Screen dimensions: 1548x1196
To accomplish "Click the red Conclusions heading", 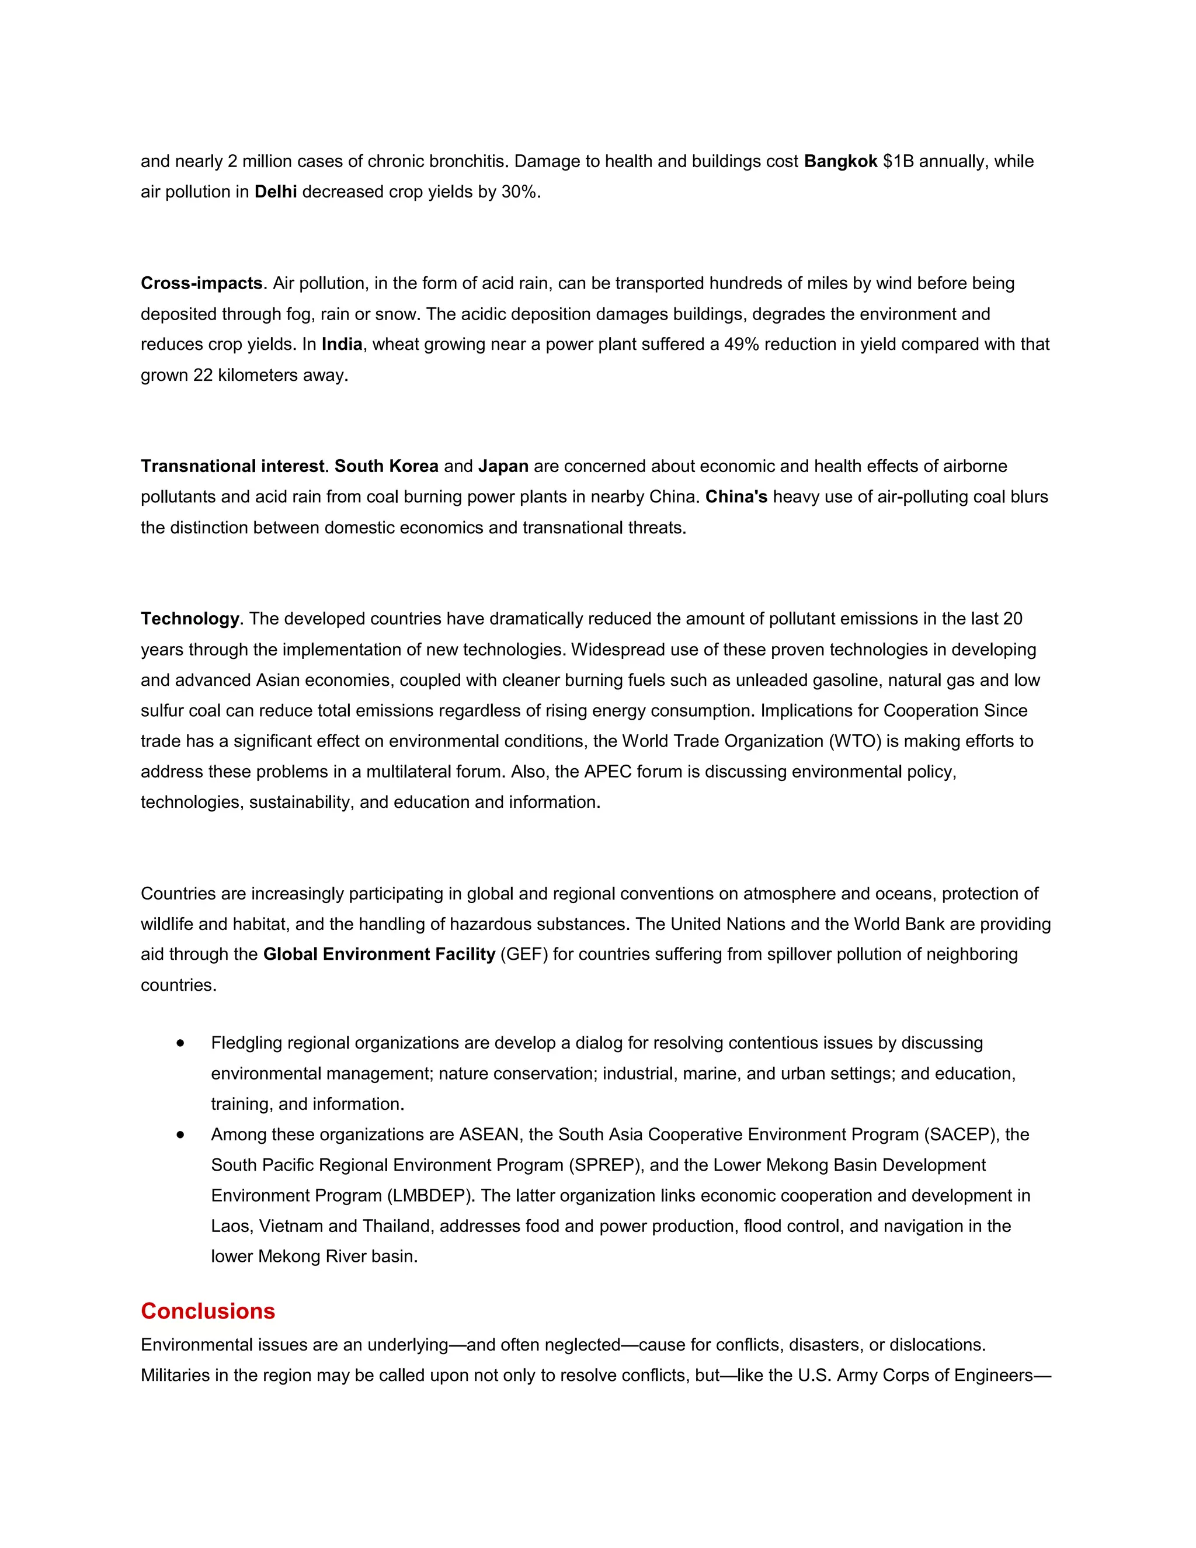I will (207, 1311).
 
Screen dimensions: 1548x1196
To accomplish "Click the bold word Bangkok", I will (840, 162).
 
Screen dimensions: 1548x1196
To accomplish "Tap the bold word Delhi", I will (276, 192).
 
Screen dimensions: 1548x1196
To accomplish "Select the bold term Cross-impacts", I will (202, 283).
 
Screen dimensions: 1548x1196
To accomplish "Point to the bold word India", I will (342, 345).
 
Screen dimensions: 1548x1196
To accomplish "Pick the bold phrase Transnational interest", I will (232, 466).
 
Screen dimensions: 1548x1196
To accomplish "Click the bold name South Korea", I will (386, 466).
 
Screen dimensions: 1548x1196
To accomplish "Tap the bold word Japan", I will (503, 466).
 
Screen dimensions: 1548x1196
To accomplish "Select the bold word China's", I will (736, 497).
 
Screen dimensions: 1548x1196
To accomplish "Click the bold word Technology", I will (190, 619).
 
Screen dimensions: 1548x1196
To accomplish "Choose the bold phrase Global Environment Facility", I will (379, 955).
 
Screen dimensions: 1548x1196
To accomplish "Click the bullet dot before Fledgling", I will (182, 1043).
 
